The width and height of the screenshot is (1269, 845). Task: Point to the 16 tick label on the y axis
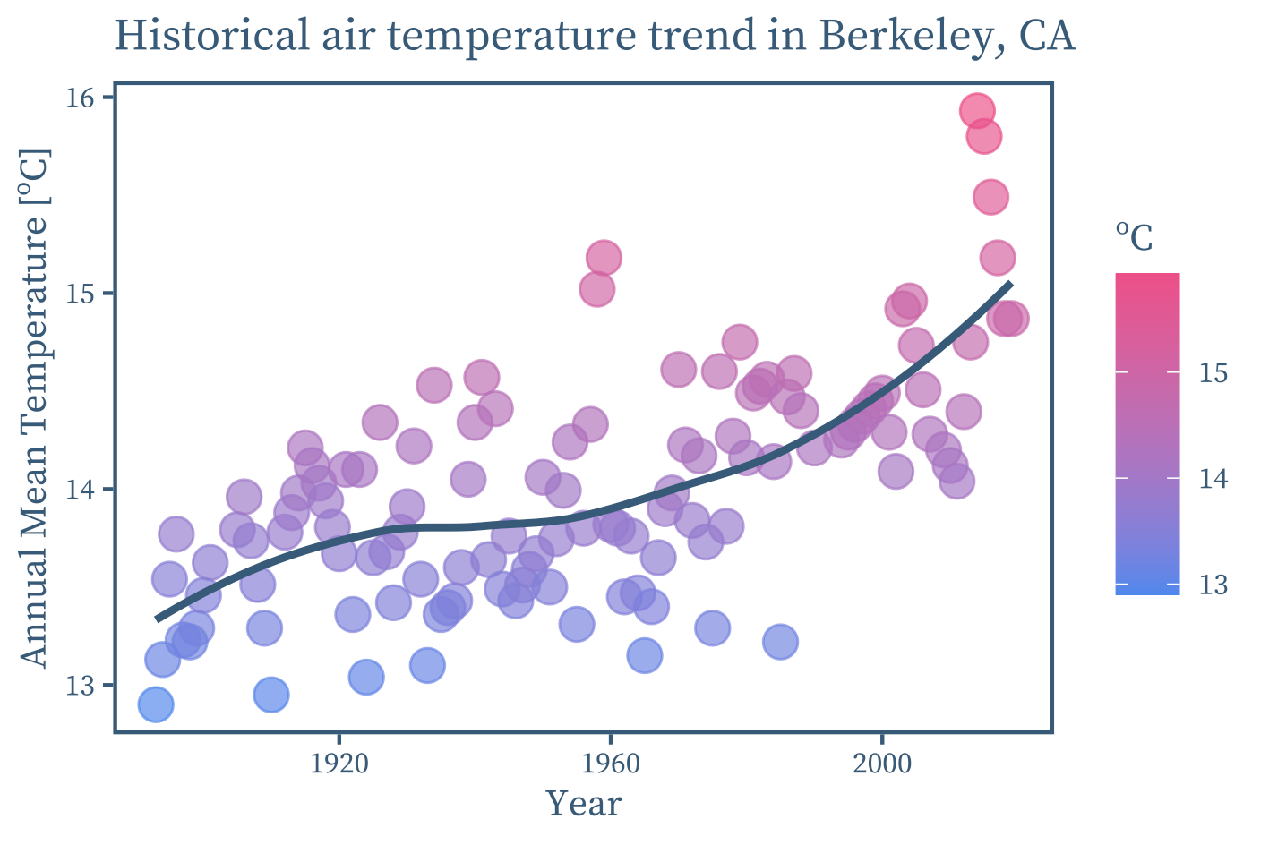80,98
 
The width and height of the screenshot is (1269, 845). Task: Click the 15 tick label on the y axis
80,294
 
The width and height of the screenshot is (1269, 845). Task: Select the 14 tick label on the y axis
80,490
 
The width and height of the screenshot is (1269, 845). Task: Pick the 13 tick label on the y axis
80,686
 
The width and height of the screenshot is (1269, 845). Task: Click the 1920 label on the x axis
339,764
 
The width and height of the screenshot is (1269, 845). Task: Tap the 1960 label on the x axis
610,764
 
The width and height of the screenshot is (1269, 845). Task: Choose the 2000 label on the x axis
882,764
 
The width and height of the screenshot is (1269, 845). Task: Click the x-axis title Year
584,804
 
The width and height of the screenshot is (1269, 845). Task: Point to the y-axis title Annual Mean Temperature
34,408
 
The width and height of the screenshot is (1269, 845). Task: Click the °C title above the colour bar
1134,236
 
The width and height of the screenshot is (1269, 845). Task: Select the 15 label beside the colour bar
1213,373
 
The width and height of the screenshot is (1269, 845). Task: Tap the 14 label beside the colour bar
1213,479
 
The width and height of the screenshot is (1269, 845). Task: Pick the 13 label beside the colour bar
1213,585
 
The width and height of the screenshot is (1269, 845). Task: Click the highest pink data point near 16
977,111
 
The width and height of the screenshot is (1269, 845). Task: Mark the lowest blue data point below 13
155,704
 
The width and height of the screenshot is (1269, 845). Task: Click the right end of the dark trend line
1011,283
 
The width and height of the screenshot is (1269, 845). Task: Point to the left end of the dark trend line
157,619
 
